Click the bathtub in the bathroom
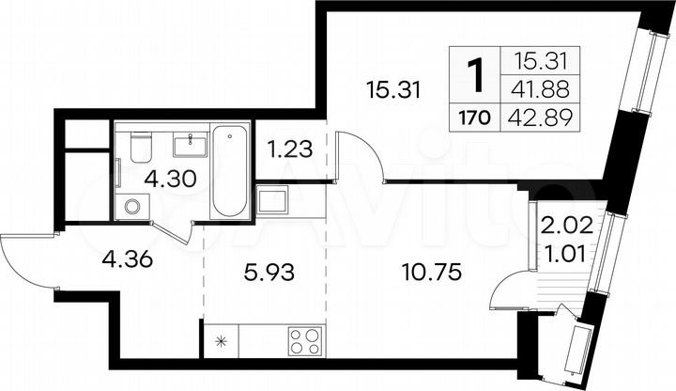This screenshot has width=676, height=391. [x=228, y=171]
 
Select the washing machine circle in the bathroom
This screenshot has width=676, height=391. [x=131, y=205]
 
